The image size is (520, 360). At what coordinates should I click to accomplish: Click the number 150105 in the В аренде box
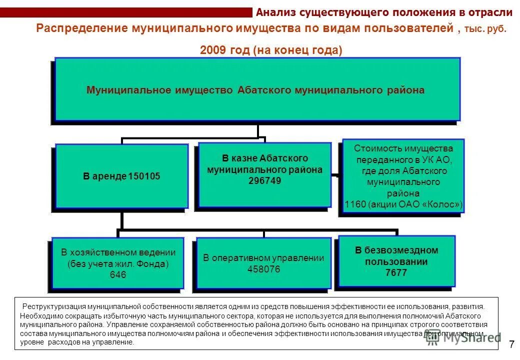[144, 176]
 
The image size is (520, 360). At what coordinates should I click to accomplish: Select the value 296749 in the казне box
[264, 181]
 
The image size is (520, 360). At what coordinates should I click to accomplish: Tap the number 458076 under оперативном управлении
[263, 269]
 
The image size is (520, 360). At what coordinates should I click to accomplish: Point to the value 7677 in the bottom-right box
[396, 273]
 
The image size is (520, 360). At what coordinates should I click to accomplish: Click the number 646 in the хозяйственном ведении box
[118, 275]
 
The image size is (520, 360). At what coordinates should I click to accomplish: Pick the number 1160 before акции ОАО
[355, 204]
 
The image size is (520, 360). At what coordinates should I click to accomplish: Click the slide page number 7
[511, 344]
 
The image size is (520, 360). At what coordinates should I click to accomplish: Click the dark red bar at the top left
[125, 12]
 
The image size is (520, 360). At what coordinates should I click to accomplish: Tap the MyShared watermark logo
[462, 337]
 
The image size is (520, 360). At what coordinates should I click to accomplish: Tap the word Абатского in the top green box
[263, 90]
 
